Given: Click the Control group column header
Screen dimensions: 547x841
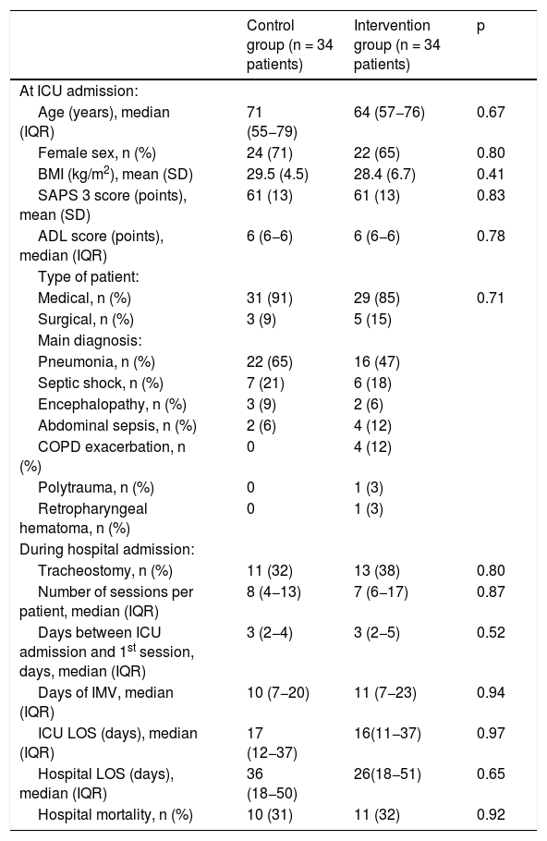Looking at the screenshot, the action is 289,45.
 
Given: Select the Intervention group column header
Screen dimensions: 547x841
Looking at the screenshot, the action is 396,45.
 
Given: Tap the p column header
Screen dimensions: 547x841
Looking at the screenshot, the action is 480,26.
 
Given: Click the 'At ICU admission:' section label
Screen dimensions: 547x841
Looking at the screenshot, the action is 79,91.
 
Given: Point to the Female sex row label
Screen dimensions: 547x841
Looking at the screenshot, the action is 96,153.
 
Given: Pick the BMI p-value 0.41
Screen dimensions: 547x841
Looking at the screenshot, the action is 491,175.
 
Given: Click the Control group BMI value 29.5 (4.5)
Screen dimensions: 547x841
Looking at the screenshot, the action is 277,175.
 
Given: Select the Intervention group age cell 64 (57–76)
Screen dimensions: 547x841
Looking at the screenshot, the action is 389,113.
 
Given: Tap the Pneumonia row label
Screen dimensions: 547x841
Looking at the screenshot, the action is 96,362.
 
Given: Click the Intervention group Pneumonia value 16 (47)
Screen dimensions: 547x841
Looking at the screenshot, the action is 376,362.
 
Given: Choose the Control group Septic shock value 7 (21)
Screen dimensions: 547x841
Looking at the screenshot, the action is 265,384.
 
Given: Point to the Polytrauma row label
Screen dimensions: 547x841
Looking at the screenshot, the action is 95,488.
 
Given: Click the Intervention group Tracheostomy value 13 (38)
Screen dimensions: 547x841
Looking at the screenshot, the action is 376,571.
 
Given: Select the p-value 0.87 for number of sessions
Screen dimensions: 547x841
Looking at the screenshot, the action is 491,591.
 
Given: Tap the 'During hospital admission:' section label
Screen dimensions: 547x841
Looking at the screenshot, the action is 106,550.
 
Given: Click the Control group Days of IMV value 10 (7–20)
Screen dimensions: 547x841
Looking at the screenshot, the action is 278,693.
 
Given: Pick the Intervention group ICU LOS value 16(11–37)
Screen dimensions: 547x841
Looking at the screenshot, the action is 387,734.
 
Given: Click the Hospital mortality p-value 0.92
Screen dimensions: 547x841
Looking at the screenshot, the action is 491,815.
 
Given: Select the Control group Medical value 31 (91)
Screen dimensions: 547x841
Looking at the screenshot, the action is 270,299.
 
